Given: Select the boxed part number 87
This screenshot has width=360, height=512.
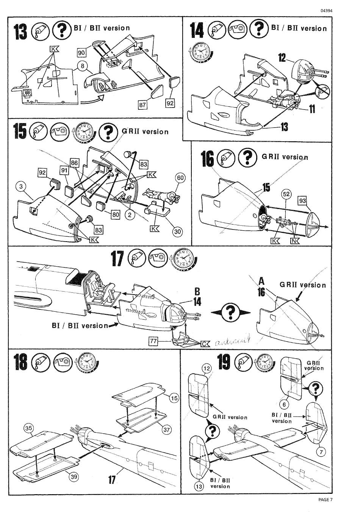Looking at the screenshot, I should pyautogui.click(x=142, y=105).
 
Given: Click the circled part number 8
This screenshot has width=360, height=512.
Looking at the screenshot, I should pyautogui.click(x=83, y=66).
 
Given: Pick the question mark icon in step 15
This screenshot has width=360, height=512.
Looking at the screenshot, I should pyautogui.click(x=108, y=132).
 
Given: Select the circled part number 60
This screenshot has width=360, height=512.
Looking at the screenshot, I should pyautogui.click(x=180, y=178).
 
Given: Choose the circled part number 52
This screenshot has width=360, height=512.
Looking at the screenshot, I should pyautogui.click(x=286, y=194).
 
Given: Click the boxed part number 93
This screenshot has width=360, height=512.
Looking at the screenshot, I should pyautogui.click(x=302, y=201).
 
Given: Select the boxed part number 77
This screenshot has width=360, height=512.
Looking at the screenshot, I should pyautogui.click(x=153, y=341).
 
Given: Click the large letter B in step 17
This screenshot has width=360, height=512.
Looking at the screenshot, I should pyautogui.click(x=197, y=292).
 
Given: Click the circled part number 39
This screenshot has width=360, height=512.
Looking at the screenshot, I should pyautogui.click(x=74, y=476).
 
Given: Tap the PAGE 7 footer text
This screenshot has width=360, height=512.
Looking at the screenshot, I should pyautogui.click(x=326, y=500).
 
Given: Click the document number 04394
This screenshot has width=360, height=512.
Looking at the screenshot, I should pyautogui.click(x=326, y=11).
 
